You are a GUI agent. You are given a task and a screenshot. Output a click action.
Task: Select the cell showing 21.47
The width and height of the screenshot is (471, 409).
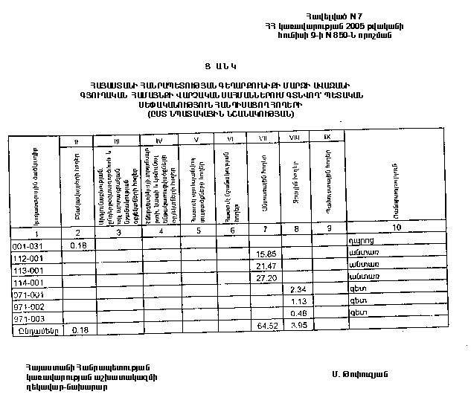click(x=266, y=266)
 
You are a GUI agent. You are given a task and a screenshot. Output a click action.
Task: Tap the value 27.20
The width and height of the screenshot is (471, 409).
click(x=266, y=278)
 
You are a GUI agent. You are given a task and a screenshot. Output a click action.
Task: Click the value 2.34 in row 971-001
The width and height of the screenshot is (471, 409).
click(x=299, y=289)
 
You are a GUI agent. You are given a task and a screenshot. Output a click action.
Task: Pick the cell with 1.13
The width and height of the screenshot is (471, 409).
click(x=299, y=302)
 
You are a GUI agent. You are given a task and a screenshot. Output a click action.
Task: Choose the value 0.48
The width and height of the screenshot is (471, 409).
click(x=300, y=314)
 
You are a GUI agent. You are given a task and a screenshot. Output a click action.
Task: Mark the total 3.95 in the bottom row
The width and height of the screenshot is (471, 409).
click(x=298, y=326)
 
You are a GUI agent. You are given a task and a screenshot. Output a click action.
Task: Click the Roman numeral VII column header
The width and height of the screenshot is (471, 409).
click(x=263, y=138)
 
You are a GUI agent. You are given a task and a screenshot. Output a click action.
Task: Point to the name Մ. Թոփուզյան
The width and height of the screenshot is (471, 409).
click(x=362, y=373)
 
